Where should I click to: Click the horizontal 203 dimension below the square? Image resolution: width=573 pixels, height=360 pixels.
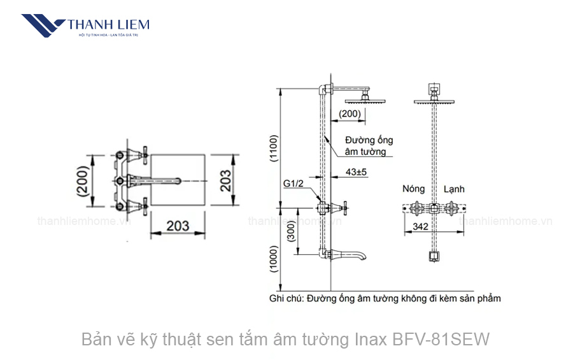(178, 226)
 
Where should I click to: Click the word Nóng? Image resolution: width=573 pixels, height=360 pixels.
(413, 189)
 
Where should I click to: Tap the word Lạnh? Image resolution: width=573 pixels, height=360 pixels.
(454, 189)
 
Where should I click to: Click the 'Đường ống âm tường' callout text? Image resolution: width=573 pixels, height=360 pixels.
(369, 145)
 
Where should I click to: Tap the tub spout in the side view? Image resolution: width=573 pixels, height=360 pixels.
(350, 255)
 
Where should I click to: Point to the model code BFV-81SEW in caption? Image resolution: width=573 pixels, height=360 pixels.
(449, 339)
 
